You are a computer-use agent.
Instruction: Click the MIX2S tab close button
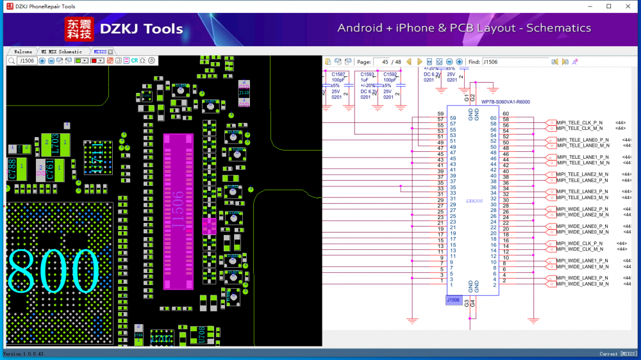(110, 52)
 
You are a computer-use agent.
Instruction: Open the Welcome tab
(23, 52)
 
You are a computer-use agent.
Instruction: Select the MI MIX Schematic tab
(62, 52)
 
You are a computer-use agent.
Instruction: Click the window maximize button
(609, 6)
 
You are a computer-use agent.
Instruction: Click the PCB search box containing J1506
(26, 61)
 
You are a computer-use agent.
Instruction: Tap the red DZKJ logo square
(79, 29)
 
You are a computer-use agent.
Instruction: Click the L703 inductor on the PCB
(55, 143)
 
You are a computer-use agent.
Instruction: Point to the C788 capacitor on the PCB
(12, 168)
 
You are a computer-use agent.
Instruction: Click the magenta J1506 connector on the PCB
(178, 211)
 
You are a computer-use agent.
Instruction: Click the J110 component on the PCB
(244, 93)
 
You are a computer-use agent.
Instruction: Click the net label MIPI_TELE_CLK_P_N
(579, 122)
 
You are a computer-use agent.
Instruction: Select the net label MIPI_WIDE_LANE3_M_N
(583, 284)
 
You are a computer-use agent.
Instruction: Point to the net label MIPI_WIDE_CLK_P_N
(579, 243)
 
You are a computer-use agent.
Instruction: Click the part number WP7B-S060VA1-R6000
(506, 102)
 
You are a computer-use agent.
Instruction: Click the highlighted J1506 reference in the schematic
(453, 300)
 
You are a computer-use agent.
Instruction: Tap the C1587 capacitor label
(338, 74)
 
